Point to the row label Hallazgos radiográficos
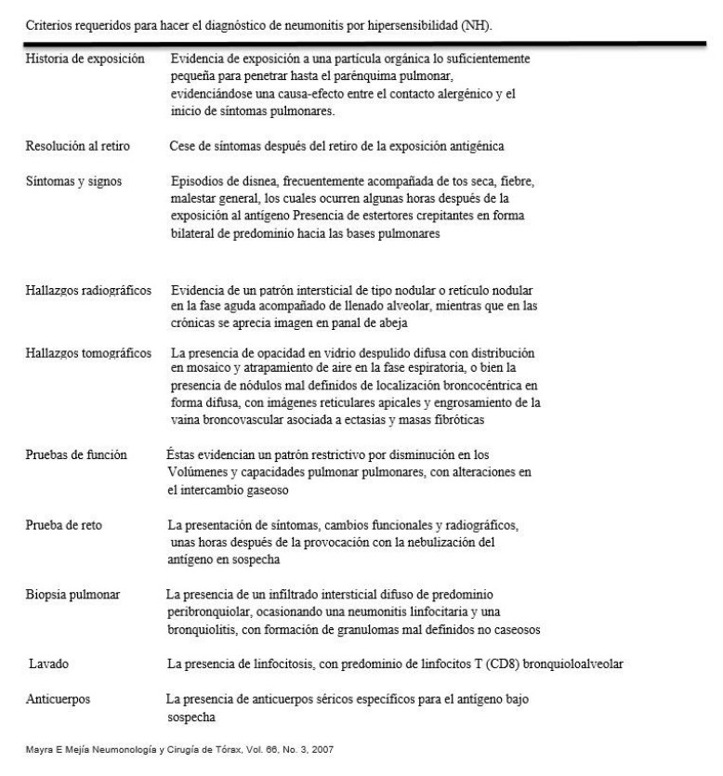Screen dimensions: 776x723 click(x=88, y=292)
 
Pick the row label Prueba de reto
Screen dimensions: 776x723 click(x=64, y=526)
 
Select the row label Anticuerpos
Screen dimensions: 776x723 click(x=58, y=699)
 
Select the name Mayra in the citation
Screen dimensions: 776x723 click(x=40, y=755)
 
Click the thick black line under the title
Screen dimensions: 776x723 click(x=361, y=42)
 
